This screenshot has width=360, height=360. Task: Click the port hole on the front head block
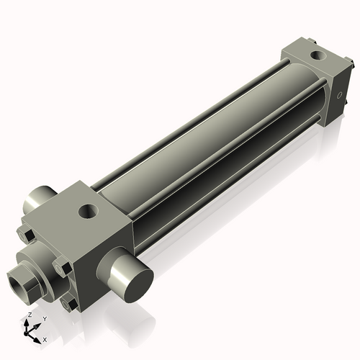(x=89, y=212)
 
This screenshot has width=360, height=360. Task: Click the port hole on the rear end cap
(x=317, y=54)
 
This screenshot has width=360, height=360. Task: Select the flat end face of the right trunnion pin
(x=133, y=277)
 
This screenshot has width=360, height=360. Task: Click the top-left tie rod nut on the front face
(x=25, y=235)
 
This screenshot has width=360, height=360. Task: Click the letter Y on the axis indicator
(x=44, y=318)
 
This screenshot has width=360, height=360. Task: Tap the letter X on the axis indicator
(x=45, y=338)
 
